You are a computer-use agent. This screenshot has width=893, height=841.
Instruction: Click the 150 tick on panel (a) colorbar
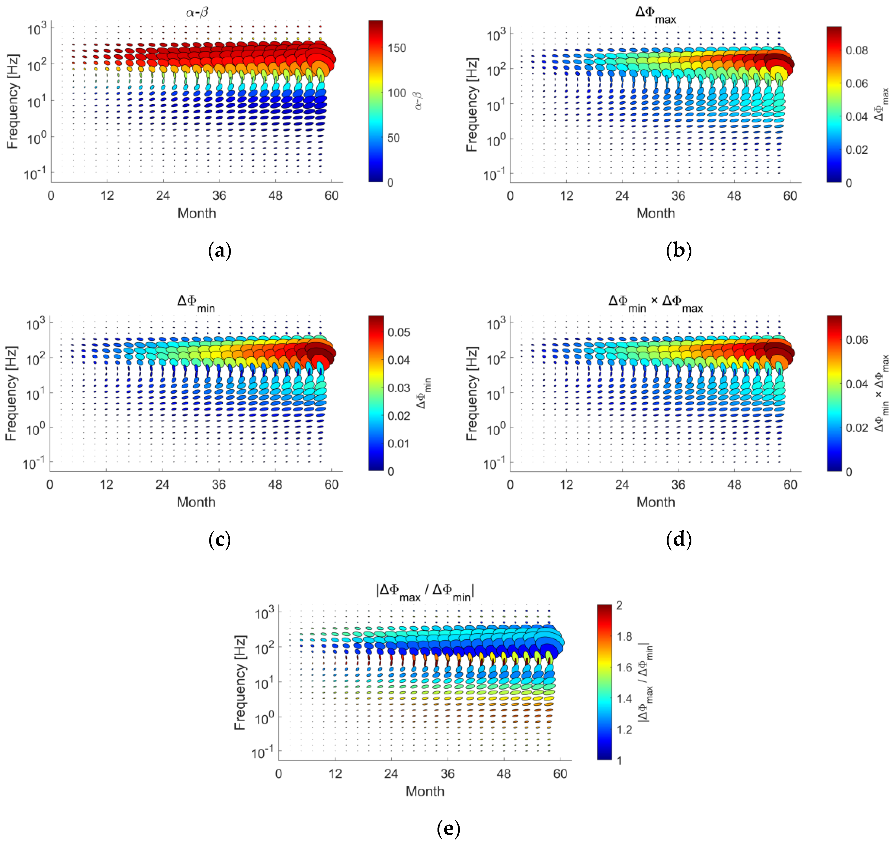397,48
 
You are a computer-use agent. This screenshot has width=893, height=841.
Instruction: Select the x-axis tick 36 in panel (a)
219,196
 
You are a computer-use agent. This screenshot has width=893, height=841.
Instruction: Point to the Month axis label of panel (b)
655,213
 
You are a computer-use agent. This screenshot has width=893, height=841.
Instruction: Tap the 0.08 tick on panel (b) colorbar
856,50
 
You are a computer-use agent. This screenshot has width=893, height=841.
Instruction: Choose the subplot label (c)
220,539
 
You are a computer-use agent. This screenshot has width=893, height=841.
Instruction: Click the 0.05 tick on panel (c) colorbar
398,332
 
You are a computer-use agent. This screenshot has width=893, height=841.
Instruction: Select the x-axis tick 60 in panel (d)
790,485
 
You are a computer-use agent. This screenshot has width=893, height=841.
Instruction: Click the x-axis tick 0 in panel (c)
50,485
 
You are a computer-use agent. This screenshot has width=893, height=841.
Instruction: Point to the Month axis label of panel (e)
425,791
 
